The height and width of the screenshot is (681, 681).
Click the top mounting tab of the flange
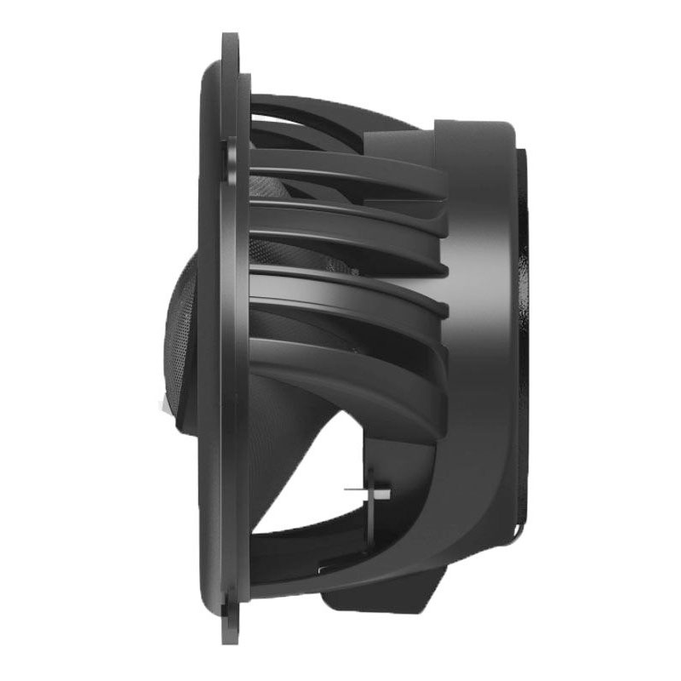point(230,51)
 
